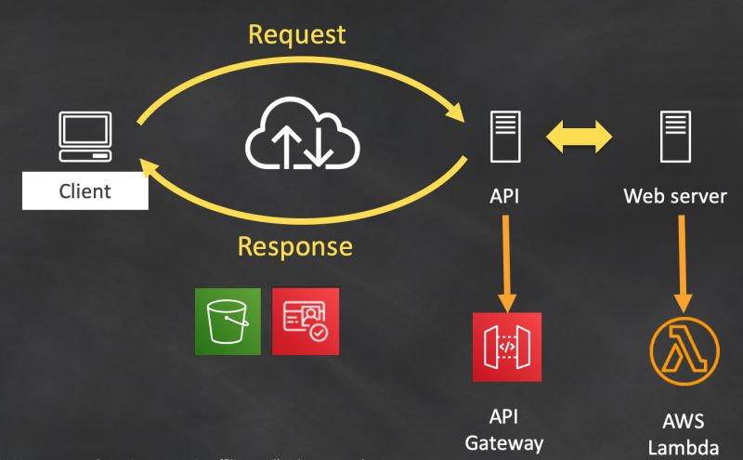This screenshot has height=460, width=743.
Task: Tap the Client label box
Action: click(x=85, y=192)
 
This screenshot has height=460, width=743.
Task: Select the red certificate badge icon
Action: click(x=306, y=322)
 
